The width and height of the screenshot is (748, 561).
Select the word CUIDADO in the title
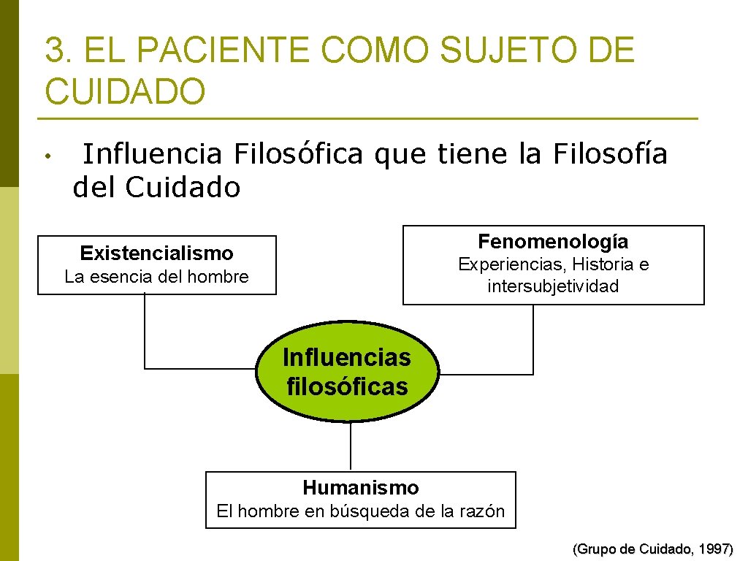(x=125, y=92)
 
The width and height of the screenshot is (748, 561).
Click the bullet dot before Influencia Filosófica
(x=46, y=156)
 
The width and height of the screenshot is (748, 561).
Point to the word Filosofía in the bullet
(x=611, y=154)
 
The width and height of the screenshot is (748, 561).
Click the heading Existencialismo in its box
(x=156, y=253)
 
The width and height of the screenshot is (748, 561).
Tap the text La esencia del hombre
(x=156, y=277)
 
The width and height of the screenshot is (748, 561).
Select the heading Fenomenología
(x=553, y=241)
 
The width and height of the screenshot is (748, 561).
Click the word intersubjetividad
(x=553, y=286)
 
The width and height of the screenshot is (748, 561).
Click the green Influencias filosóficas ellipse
(x=347, y=372)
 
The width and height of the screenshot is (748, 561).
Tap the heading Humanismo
(x=361, y=487)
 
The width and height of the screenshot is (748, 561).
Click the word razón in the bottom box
(x=482, y=511)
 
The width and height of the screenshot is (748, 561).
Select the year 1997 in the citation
(x=714, y=549)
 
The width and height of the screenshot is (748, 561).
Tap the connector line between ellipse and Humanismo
(x=351, y=446)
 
